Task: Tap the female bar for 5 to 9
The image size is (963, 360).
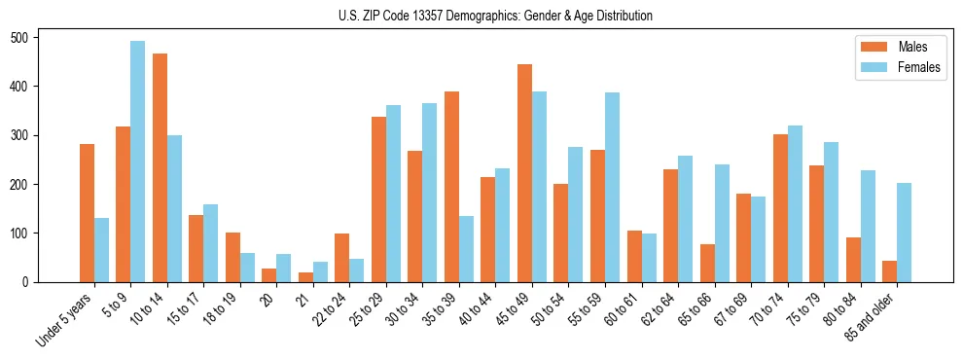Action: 138,162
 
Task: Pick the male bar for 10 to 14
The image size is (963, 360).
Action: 160,167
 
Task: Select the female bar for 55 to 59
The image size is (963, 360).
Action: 612,187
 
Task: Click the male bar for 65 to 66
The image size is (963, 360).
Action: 707,263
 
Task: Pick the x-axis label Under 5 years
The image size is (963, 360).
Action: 65,318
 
